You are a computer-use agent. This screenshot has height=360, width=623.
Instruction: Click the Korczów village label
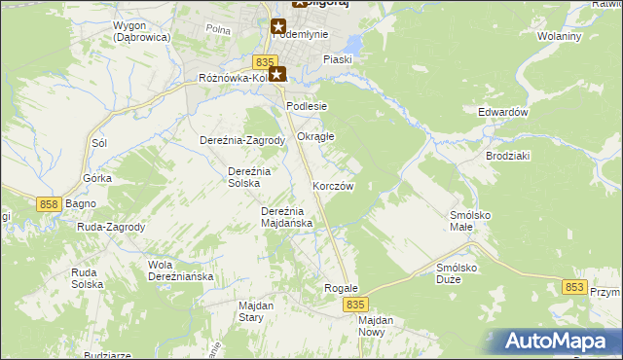(x=333, y=185)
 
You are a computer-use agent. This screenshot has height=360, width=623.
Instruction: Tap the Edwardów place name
(x=502, y=112)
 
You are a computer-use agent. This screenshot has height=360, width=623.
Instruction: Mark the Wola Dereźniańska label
(x=180, y=270)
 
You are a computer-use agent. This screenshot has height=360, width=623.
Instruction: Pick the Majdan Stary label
(x=258, y=311)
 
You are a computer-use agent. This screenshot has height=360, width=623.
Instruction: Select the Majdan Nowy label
(x=375, y=326)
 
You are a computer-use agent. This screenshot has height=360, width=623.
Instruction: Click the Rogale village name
(x=342, y=289)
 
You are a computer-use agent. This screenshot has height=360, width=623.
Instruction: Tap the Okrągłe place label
(x=315, y=136)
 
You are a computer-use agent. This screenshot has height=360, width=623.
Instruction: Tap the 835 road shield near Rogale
(x=355, y=305)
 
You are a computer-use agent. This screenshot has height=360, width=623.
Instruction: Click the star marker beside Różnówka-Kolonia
(x=278, y=73)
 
